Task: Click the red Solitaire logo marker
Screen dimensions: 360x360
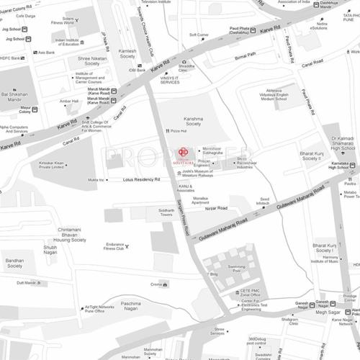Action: [x=182, y=153]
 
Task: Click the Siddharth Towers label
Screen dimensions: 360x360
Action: [x=166, y=212]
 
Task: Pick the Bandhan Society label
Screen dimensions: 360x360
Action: [x=15, y=263]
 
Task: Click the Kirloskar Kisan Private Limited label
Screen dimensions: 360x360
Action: [x=55, y=165]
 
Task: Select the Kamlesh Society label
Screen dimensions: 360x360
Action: [x=127, y=55]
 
